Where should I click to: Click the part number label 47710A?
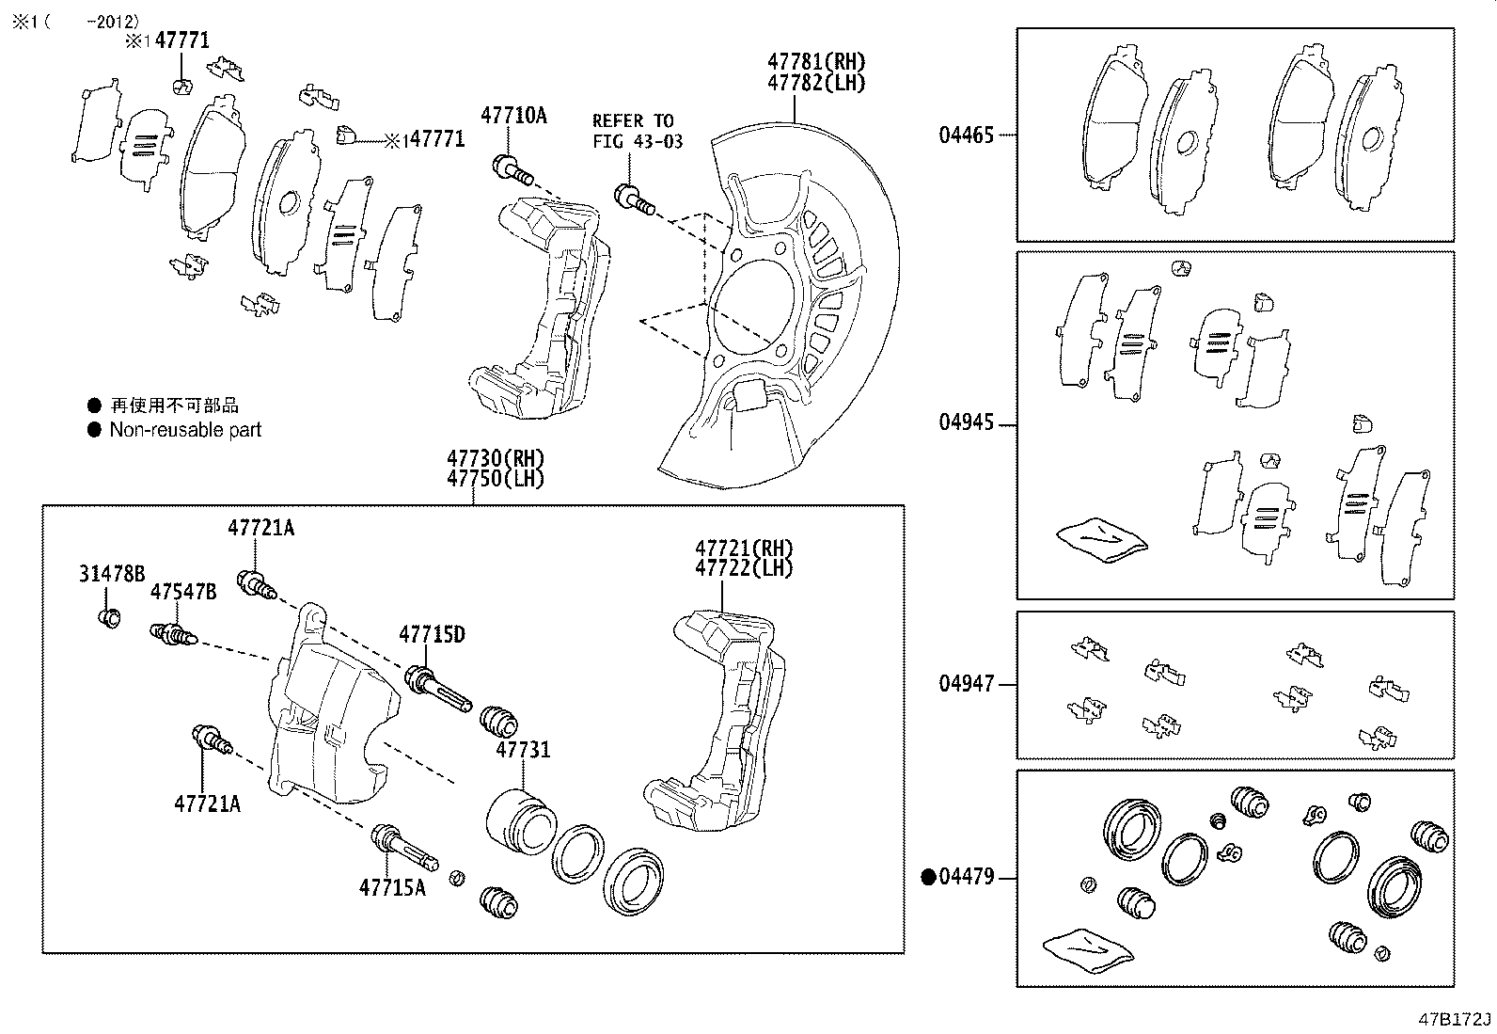point(513,116)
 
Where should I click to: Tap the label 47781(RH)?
point(815,62)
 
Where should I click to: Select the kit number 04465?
point(966,135)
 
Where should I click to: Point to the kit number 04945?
point(966,422)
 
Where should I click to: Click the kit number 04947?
point(966,684)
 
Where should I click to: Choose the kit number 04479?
point(966,878)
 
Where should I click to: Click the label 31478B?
point(111,574)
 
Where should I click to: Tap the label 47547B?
point(183,592)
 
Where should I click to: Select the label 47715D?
point(432,635)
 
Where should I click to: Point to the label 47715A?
point(391,887)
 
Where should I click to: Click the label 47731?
point(523,751)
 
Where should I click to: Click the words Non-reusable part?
point(185,430)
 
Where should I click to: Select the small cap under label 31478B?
point(109,618)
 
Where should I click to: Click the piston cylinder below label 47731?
point(520,818)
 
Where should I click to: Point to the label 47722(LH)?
point(744,568)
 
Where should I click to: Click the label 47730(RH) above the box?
point(496,458)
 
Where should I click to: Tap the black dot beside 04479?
point(928,878)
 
